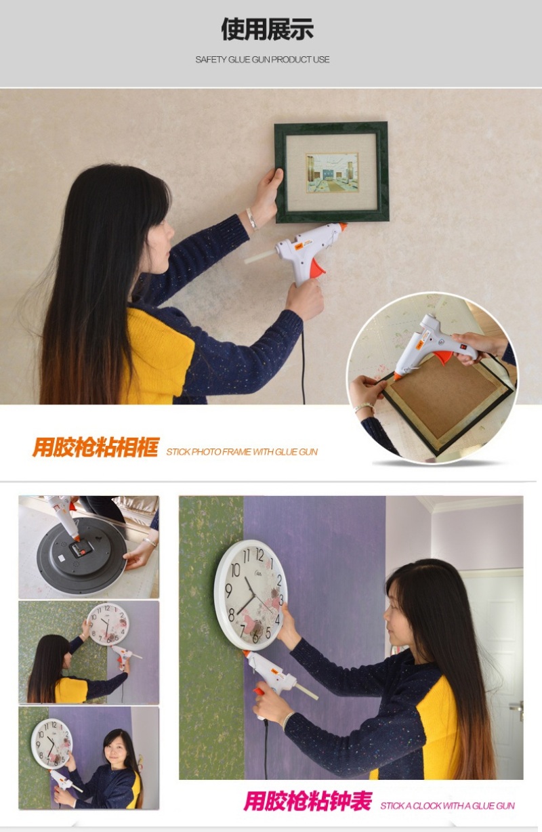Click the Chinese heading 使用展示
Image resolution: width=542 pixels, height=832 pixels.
pyautogui.click(x=267, y=29)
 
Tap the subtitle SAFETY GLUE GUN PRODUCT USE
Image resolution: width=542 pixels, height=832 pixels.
pyautogui.click(x=262, y=60)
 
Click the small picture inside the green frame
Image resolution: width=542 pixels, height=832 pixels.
pyautogui.click(x=332, y=173)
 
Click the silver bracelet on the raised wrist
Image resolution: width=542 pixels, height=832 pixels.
pyautogui.click(x=251, y=218)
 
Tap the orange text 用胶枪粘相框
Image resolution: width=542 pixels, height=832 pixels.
pyautogui.click(x=96, y=447)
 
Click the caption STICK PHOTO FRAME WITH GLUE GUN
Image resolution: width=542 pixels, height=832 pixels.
pyautogui.click(x=242, y=452)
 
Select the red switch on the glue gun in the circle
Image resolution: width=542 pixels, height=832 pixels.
pyautogui.click(x=463, y=346)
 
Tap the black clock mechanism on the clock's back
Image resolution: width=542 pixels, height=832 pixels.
pyautogui.click(x=81, y=549)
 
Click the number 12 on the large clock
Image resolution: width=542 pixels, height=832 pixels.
pyautogui.click(x=259, y=556)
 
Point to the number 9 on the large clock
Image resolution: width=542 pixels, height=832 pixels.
pyautogui.click(x=229, y=590)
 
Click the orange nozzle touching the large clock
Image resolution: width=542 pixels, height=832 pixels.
pyautogui.click(x=245, y=653)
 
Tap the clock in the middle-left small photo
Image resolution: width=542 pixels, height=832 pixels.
pyautogui.click(x=108, y=625)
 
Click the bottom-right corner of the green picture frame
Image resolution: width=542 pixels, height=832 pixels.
pyautogui.click(x=389, y=221)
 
